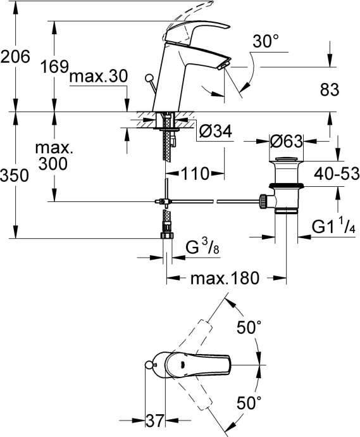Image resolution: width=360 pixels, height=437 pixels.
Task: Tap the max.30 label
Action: click(98, 77)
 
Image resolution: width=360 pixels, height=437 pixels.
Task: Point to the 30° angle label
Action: click(265, 42)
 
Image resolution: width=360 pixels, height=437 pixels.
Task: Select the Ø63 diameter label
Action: click(285, 141)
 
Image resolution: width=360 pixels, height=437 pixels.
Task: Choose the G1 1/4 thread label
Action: click(336, 226)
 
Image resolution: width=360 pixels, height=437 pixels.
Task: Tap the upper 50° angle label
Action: click(249, 327)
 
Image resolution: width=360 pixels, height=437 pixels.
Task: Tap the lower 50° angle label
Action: click(249, 401)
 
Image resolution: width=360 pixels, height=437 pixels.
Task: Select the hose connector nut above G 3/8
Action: click(166, 235)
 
